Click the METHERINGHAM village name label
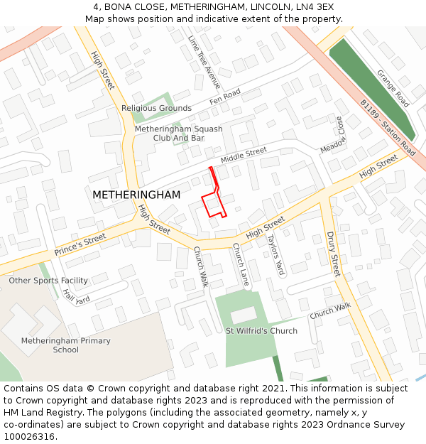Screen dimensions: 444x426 click(x=136, y=195)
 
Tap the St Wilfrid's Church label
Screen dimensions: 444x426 click(x=261, y=331)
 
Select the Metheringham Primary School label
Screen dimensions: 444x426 click(x=65, y=345)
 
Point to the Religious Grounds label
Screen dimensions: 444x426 click(x=156, y=109)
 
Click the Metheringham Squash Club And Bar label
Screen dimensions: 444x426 click(x=178, y=134)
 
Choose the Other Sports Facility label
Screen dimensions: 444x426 click(x=48, y=281)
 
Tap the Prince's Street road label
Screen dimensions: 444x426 click(x=80, y=245)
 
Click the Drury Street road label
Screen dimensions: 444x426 click(x=334, y=254)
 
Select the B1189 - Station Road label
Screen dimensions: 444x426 click(x=387, y=127)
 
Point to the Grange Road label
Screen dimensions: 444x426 click(x=393, y=88)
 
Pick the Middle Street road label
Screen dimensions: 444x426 click(x=244, y=155)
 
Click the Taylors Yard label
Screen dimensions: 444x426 click(x=275, y=254)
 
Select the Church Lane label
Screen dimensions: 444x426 click(x=241, y=265)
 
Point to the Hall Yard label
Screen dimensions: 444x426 click(x=76, y=295)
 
